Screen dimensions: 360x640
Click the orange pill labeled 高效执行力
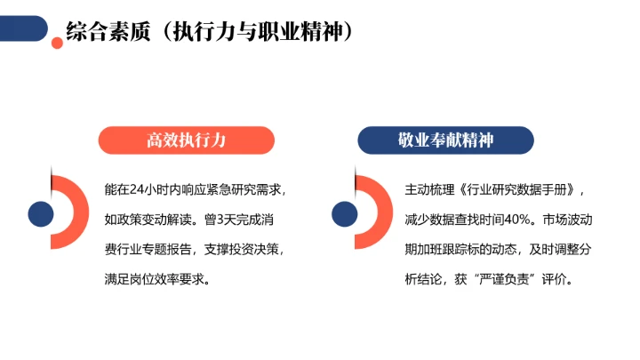[x=186, y=140]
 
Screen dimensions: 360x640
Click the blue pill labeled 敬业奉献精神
[x=445, y=140]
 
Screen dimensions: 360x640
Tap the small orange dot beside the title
[x=58, y=42]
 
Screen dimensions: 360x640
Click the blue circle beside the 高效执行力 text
[x=40, y=213]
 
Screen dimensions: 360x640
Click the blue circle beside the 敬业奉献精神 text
[x=343, y=213]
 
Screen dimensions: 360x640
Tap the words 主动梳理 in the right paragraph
[x=433, y=189]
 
